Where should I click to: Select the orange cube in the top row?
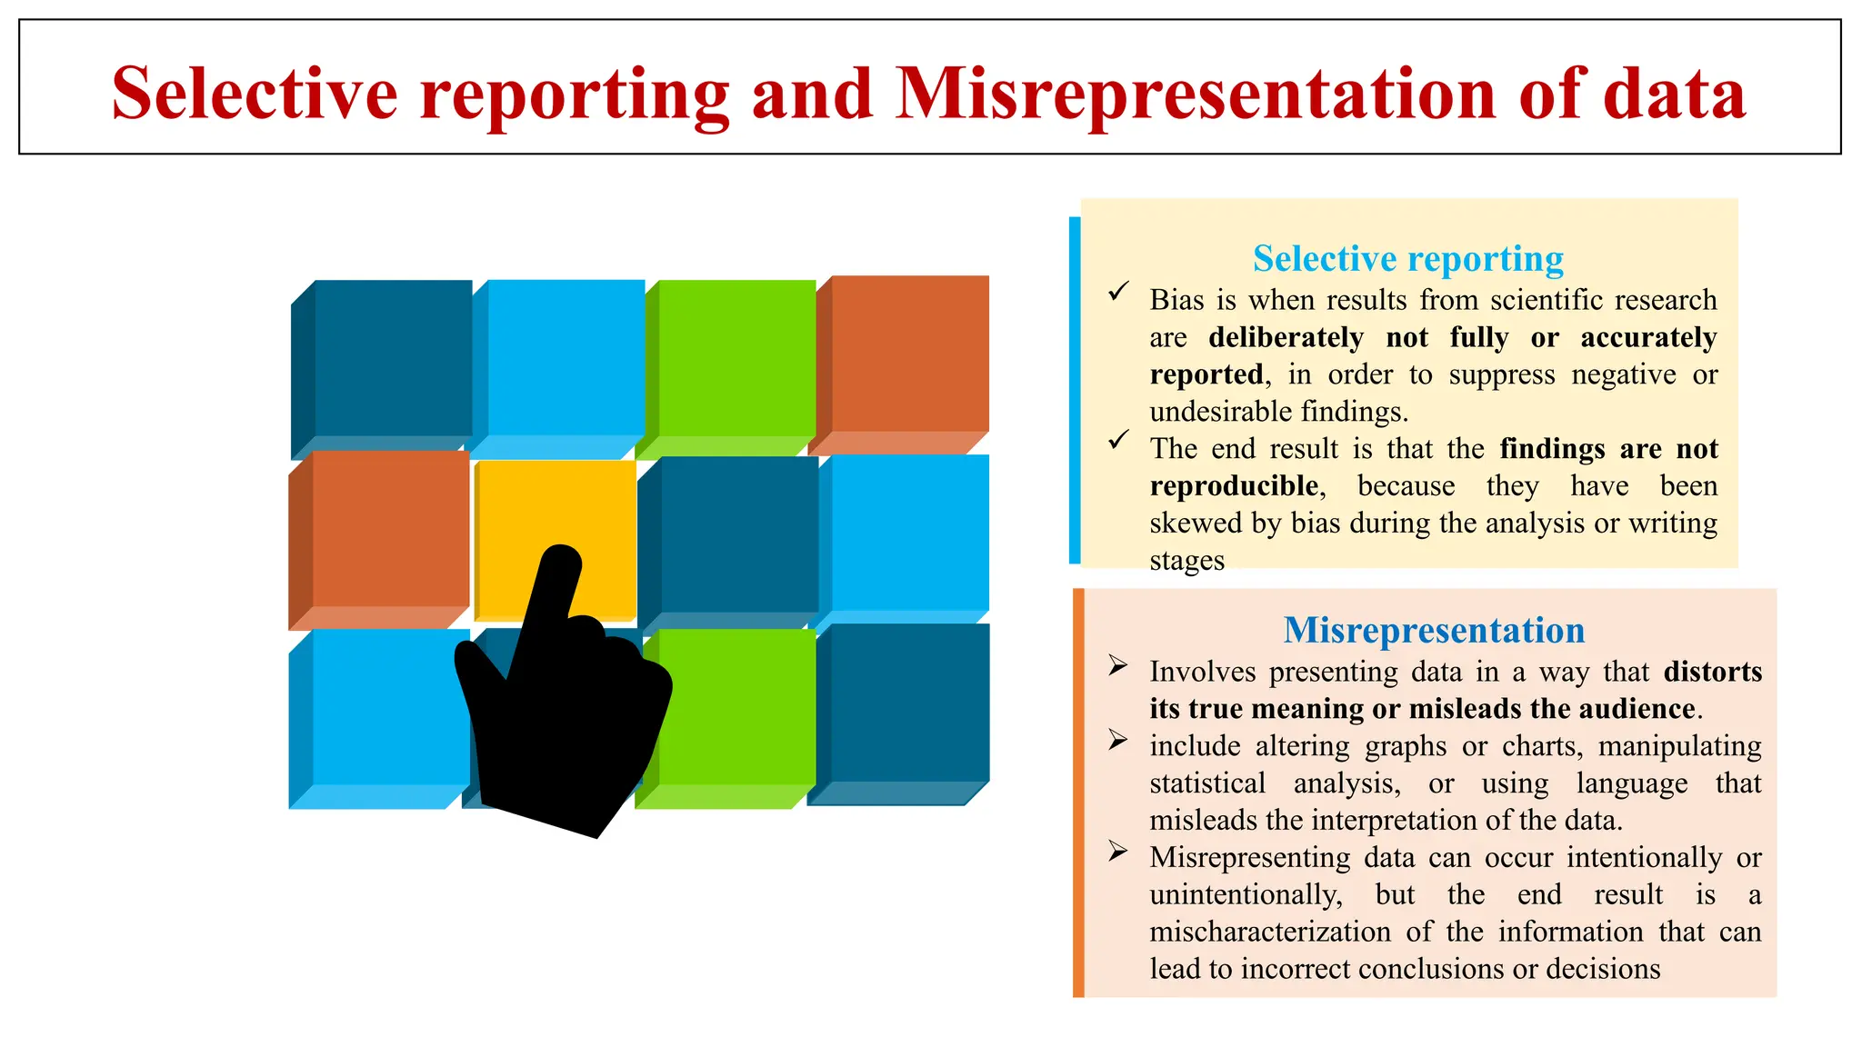pyautogui.click(x=909, y=354)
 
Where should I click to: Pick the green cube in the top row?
pyautogui.click(x=736, y=359)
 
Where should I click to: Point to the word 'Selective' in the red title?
pyautogui.click(x=255, y=93)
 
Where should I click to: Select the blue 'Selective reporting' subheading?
pyautogui.click(x=1407, y=259)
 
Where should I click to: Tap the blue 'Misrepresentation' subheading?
pyautogui.click(x=1434, y=630)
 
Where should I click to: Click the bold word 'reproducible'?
pyautogui.click(x=1234, y=486)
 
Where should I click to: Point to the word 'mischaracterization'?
pyautogui.click(x=1269, y=932)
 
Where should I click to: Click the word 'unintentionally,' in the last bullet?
pyautogui.click(x=1246, y=894)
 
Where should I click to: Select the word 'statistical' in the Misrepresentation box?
pyautogui.click(x=1206, y=783)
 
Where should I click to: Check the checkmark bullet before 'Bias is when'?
pyautogui.click(x=1118, y=292)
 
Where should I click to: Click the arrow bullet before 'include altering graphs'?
pyautogui.click(x=1117, y=741)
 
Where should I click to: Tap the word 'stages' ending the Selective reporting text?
pyautogui.click(x=1186, y=561)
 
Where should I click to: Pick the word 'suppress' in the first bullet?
pyautogui.click(x=1501, y=374)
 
